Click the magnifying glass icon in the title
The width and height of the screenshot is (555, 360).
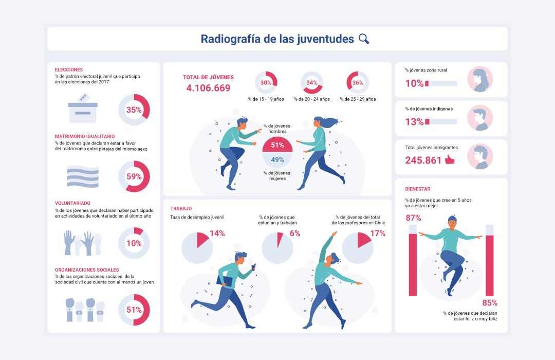coord(364,39)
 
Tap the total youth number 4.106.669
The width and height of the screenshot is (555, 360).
coord(208,88)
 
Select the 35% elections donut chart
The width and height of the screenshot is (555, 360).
coord(134,110)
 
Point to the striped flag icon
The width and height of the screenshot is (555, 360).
coord(82,176)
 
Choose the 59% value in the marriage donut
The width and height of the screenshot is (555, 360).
coord(134,177)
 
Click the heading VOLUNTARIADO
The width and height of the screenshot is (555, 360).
coord(72,203)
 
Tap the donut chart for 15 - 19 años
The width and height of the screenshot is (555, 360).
coord(266,82)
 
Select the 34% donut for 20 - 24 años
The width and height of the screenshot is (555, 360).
coord(311,82)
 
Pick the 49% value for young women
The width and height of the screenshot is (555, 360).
coord(277,160)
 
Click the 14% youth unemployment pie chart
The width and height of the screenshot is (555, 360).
coord(197,247)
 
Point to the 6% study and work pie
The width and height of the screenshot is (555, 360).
coord(277,247)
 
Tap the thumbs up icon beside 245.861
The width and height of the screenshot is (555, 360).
coord(450,160)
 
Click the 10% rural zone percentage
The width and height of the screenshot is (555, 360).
coord(414,83)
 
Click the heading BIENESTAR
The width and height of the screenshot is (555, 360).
coord(418,189)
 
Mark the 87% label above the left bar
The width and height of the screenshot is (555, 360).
coord(413,218)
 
